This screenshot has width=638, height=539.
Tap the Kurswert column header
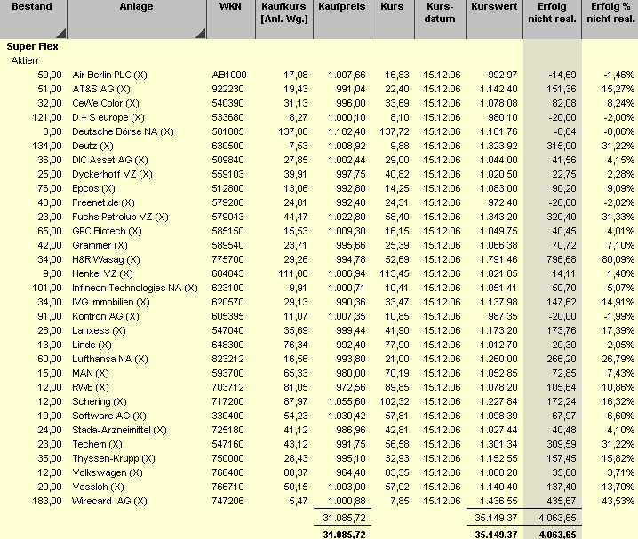pos(494,7)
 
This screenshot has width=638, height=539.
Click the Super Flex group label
pos(32,46)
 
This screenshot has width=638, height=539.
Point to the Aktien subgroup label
pos(24,61)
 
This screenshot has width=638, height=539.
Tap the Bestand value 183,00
pos(49,501)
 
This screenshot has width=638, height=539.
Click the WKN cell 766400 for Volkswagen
pos(227,472)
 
